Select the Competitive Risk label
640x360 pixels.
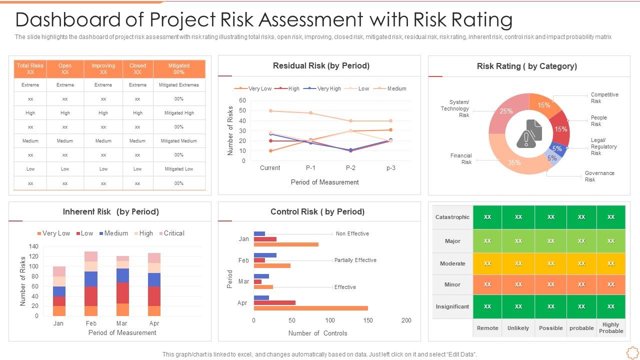click(604, 97)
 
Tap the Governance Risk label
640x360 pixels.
click(599, 176)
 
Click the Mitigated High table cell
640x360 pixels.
click(179, 113)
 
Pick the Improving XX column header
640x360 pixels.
click(103, 68)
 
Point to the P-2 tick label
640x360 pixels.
click(350, 168)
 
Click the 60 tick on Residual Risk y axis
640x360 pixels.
click(242, 100)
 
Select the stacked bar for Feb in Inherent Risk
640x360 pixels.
click(91, 283)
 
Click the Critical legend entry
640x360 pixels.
click(173, 233)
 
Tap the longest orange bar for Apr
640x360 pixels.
click(310, 308)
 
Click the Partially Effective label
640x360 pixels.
click(355, 260)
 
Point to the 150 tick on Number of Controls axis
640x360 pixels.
click(368, 320)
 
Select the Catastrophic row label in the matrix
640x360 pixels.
click(452, 217)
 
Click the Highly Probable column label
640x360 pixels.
click(610, 328)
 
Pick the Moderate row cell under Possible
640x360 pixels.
click(550, 263)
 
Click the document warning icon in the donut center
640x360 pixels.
click(529, 133)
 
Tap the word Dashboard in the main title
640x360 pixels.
click(68, 20)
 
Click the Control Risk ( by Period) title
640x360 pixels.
click(317, 211)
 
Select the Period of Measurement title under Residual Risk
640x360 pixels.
click(324, 182)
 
